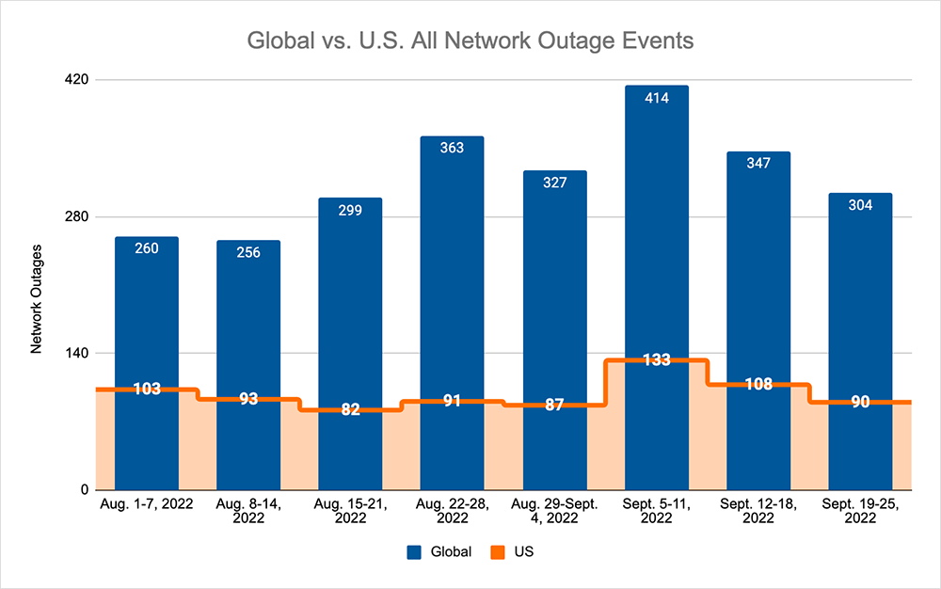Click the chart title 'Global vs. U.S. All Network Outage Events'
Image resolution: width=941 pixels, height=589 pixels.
(470, 42)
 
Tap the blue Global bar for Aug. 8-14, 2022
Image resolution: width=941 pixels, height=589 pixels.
(248, 320)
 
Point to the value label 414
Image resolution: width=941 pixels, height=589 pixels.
(657, 98)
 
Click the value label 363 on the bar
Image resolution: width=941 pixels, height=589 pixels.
(452, 148)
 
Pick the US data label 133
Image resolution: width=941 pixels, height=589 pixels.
(657, 360)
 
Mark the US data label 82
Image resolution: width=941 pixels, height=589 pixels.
(350, 409)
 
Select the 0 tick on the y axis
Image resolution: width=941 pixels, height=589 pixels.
(84, 490)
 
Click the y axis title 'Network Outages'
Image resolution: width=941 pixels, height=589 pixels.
(37, 299)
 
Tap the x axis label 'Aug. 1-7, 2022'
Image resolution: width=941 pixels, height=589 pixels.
(147, 505)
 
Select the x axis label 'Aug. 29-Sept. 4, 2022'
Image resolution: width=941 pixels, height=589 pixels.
(554, 511)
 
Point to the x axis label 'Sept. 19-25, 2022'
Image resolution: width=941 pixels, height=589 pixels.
(861, 511)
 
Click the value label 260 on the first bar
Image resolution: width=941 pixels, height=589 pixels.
(147, 248)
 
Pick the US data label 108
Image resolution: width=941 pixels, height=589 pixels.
(758, 384)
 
